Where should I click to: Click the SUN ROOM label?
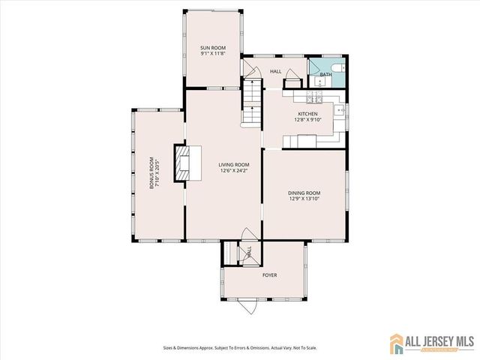[x=213, y=46]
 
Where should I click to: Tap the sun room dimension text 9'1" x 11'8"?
[x=213, y=53]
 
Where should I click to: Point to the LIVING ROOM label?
[x=234, y=164]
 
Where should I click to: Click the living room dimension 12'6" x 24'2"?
[x=234, y=171]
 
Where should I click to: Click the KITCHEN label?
[x=308, y=113]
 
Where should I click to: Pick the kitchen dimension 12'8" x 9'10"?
[x=308, y=120]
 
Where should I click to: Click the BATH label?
[x=326, y=75]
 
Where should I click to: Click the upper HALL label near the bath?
[x=275, y=71]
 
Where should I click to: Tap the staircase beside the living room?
[x=252, y=104]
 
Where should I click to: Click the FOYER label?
[x=269, y=275]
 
